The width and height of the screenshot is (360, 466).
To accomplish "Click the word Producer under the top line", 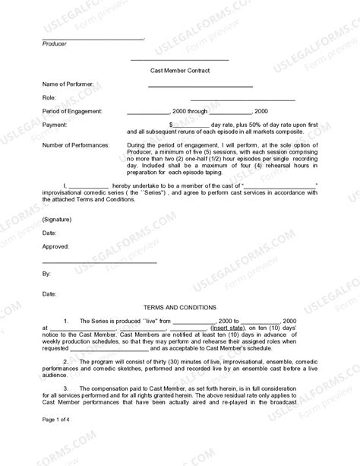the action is (54, 44).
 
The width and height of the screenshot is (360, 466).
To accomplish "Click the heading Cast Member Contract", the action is (180, 69).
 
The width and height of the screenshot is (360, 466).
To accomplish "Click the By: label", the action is (46, 272).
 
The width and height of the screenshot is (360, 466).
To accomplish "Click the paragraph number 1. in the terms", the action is (68, 322).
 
